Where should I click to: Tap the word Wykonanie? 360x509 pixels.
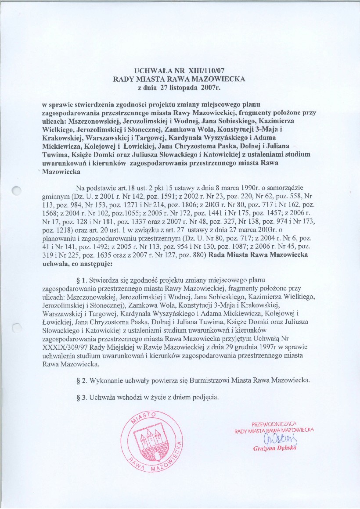tap(104, 380)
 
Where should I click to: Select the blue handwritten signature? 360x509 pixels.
tap(275, 439)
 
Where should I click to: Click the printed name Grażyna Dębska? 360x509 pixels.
tap(275, 448)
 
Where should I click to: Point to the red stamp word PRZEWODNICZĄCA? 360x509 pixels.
tap(274, 424)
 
